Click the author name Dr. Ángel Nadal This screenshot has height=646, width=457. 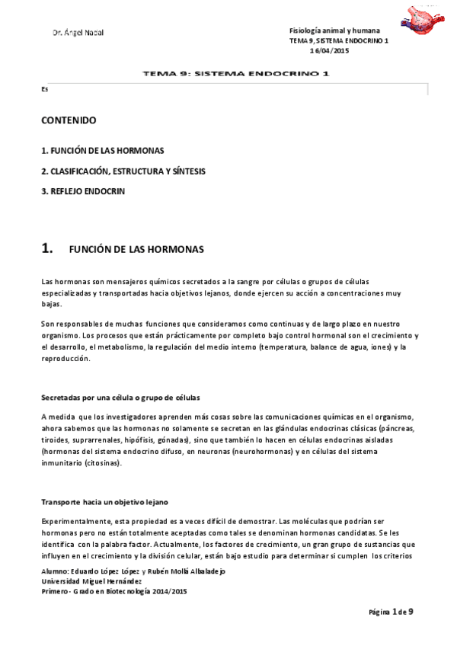tap(78, 33)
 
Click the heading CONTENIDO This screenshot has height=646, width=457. tap(69, 120)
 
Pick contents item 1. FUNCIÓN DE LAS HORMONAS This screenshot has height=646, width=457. tap(103, 150)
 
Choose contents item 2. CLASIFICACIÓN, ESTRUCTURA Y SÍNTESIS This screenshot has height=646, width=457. tap(123, 171)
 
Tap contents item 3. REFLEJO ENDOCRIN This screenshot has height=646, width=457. tap(84, 191)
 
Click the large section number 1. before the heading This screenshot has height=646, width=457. tap(47, 248)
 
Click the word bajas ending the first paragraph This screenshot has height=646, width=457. tap(51, 304)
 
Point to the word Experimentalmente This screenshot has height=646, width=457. tap(75, 521)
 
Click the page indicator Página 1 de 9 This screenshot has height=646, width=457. tap(391, 611)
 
